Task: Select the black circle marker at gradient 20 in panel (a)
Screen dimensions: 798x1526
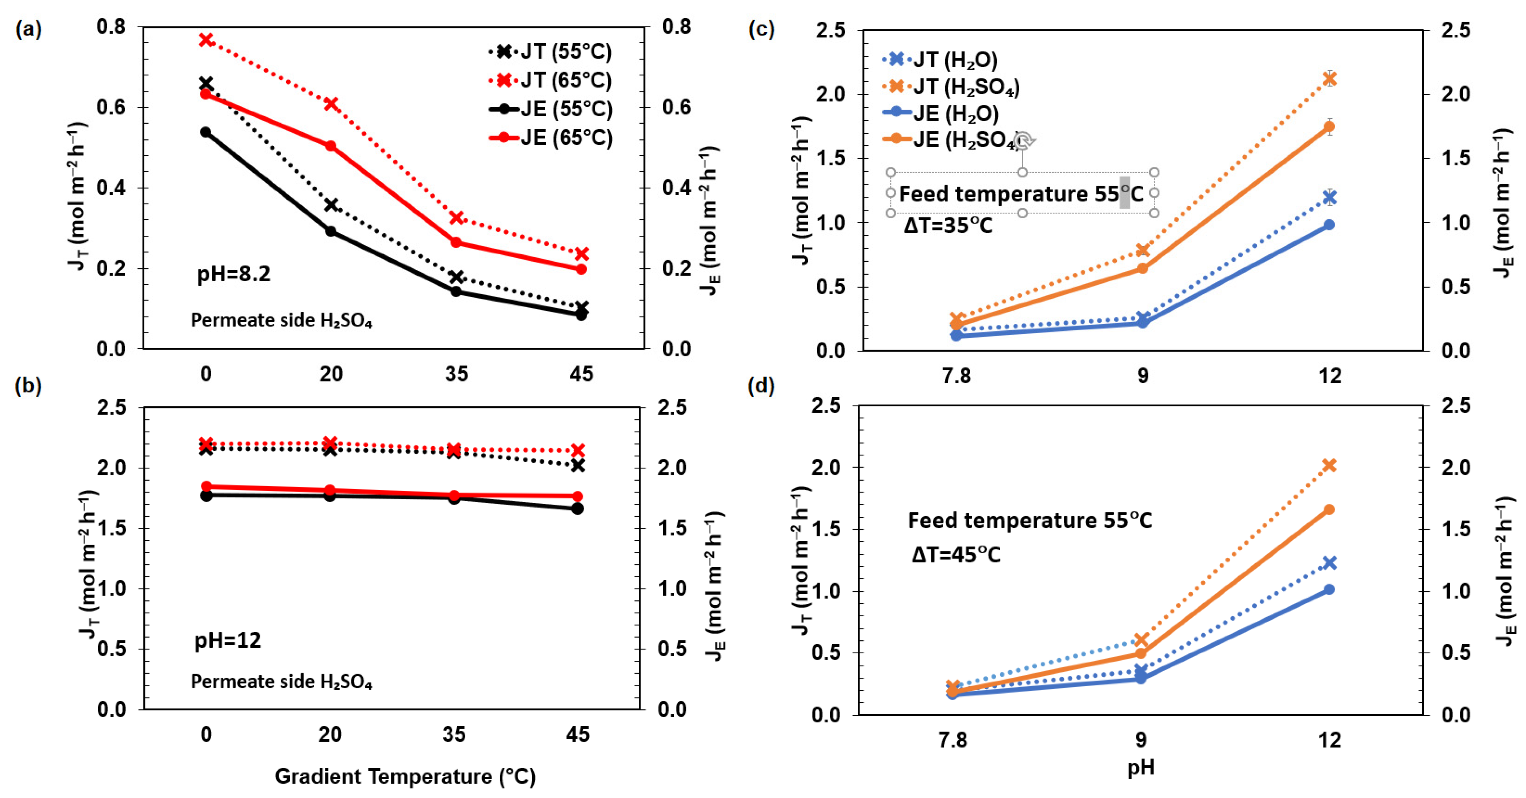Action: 331,231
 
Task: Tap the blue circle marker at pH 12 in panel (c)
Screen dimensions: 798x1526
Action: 1329,225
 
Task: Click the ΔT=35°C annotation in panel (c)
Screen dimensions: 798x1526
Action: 948,226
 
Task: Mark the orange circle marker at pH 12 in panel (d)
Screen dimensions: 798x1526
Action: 1329,509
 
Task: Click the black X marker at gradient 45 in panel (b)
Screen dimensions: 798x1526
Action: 577,466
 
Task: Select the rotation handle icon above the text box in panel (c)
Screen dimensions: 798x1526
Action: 1023,141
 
